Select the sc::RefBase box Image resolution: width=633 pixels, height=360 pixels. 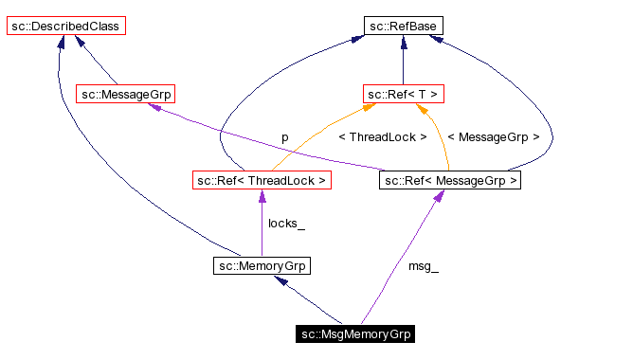403,27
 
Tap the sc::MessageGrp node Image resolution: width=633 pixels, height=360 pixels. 125,94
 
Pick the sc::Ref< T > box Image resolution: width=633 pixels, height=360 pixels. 404,94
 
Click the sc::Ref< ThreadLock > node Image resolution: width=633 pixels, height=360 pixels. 261,179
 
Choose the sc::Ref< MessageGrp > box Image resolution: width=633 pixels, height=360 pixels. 450,179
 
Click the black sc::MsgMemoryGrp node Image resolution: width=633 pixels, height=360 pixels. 355,333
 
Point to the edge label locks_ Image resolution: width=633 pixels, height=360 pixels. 286,224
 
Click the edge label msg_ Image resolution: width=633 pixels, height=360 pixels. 423,266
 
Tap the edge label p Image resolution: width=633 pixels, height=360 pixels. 284,137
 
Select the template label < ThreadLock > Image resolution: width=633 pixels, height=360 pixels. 383,137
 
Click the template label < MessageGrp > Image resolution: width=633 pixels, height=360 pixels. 493,137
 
